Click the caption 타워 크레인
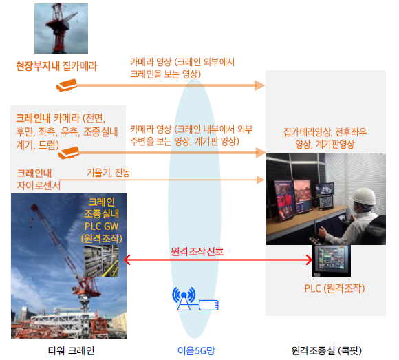[72, 350]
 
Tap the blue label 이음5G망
[196, 350]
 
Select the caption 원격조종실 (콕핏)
[326, 350]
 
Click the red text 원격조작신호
[197, 251]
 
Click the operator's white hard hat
[364, 195]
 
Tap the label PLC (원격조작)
[334, 288]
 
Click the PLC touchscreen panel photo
[332, 261]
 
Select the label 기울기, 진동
[109, 173]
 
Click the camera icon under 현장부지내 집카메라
[67, 85]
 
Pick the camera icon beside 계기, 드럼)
[69, 153]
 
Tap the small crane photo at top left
[61, 28]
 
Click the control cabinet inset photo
[101, 261]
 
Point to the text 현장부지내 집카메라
[56, 66]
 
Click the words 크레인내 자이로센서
[38, 179]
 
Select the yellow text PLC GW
[102, 226]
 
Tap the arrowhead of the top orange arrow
[260, 85]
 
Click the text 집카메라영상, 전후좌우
[325, 132]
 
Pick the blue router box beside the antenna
[208, 305]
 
